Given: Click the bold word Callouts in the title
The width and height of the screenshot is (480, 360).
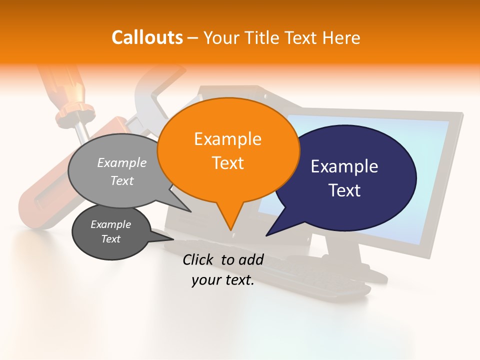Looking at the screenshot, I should [x=147, y=37].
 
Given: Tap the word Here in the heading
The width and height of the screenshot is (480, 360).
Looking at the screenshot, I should [x=340, y=37].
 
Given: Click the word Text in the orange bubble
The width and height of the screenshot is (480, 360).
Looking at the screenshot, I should [x=227, y=162].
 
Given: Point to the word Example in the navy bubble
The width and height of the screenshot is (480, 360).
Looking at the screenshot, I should [x=344, y=166].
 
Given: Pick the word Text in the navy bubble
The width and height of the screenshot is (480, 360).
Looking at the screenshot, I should [x=344, y=190].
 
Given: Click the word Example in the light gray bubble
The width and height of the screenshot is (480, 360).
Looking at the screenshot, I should [x=122, y=162].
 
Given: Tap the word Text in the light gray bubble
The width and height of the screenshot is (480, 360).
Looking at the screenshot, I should [x=122, y=180].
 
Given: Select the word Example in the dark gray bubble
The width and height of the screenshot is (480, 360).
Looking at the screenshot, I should [x=110, y=224].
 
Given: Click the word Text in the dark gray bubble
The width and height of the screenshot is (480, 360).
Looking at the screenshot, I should [x=110, y=239].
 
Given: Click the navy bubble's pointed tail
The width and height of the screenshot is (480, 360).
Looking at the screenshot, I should [x=268, y=234].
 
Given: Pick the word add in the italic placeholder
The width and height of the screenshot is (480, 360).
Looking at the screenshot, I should [x=251, y=259].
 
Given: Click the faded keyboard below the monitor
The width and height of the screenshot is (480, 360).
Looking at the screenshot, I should [x=320, y=277].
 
